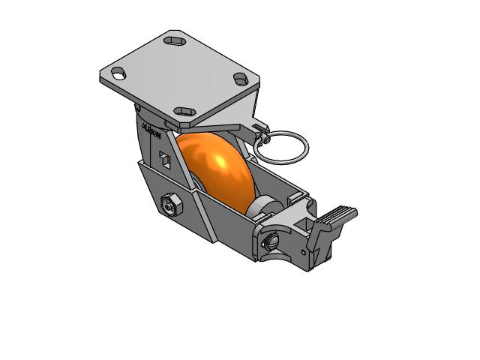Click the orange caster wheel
(217, 172)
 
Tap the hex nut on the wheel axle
(169, 203)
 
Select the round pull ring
(279, 147)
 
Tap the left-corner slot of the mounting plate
(117, 73)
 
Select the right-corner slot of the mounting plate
(240, 78)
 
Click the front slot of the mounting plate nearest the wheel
(184, 112)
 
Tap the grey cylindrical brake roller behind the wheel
(262, 205)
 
